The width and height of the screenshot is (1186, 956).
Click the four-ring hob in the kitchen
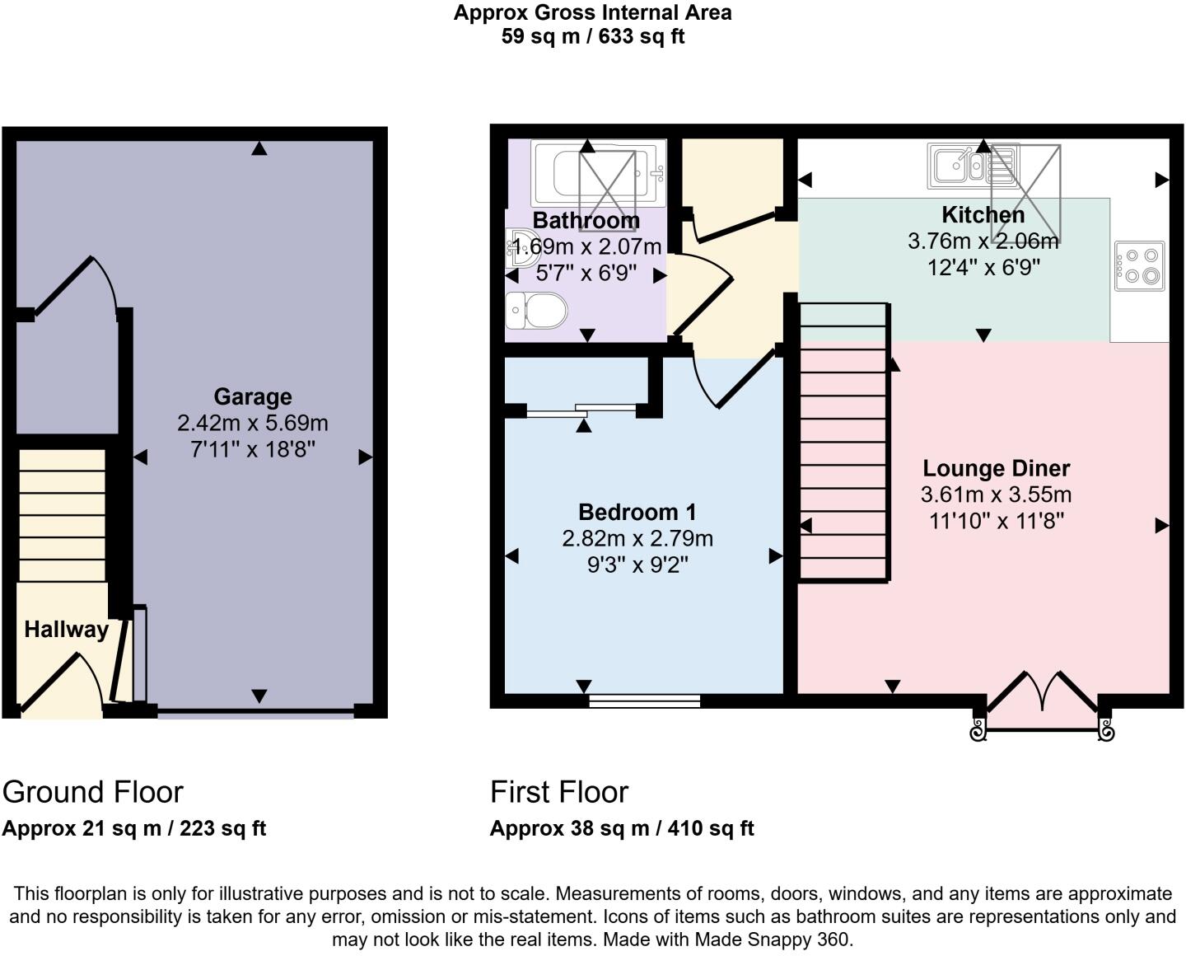click(1140, 265)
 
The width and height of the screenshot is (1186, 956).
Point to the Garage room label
click(252, 396)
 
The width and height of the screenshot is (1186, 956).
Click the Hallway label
click(66, 630)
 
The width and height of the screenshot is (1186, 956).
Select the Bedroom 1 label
click(637, 512)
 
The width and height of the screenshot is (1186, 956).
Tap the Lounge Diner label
click(996, 468)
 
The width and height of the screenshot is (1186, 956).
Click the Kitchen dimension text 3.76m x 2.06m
click(983, 241)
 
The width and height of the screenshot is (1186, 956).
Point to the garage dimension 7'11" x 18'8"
click(252, 449)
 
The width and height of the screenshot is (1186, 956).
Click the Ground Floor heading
click(92, 792)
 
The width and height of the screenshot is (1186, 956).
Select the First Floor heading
click(558, 792)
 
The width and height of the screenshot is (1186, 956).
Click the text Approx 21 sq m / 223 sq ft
click(133, 828)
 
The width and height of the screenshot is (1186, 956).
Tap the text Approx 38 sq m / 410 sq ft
click(622, 828)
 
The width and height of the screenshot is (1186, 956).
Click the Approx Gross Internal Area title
click(592, 13)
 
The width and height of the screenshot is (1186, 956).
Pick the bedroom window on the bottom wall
click(644, 701)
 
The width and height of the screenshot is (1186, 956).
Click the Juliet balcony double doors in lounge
click(1042, 696)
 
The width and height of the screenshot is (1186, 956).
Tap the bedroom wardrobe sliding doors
click(581, 410)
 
